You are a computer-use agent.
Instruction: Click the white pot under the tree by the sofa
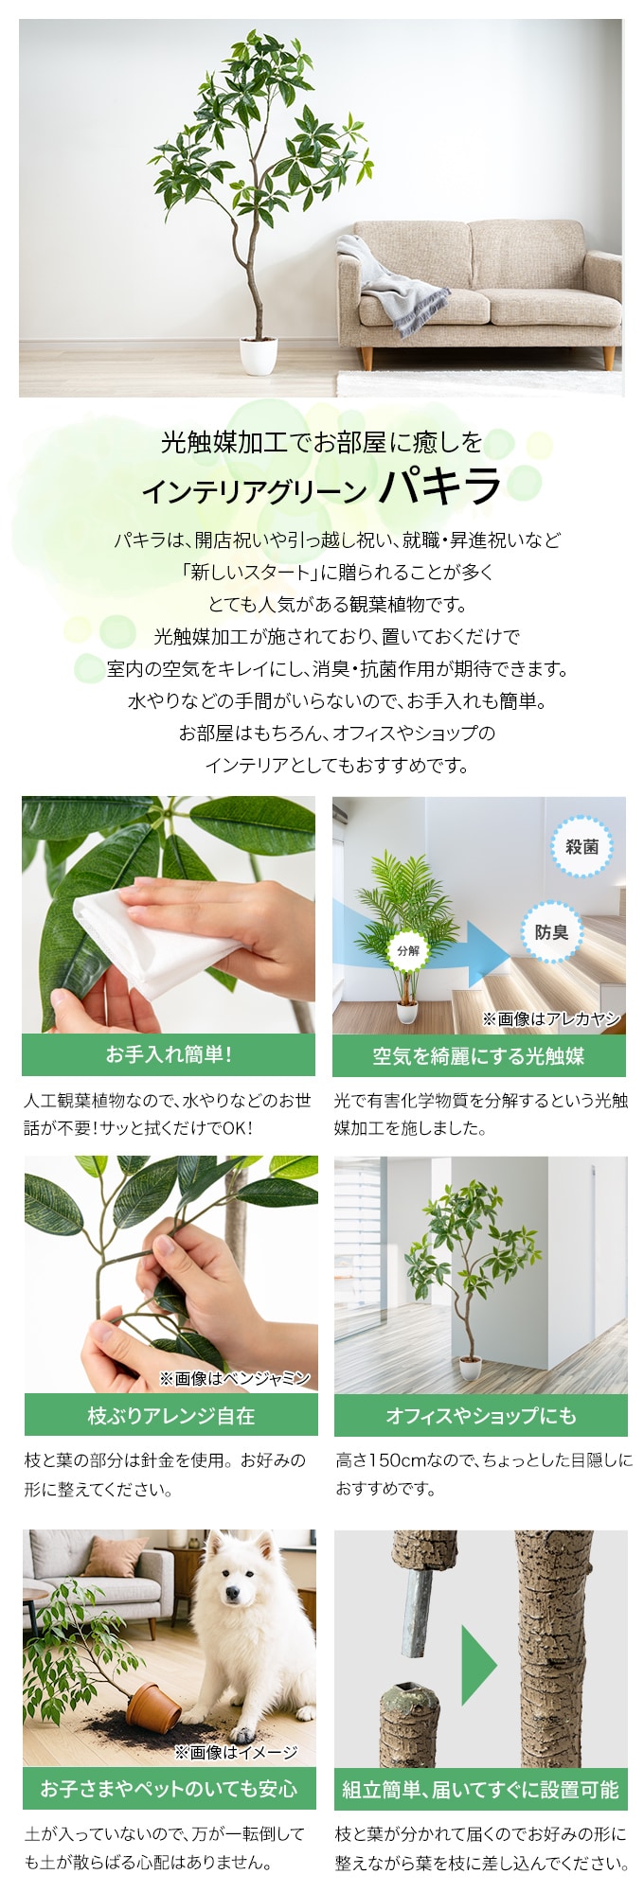point(257,355)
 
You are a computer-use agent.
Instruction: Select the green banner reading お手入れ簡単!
point(169,1054)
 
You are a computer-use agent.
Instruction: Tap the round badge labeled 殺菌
point(581,847)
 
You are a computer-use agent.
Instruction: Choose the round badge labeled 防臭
point(551,932)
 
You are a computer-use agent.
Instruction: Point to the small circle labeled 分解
point(407,950)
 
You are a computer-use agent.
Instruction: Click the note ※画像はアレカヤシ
point(551,1018)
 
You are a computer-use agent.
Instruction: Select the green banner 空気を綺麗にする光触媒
point(479,1055)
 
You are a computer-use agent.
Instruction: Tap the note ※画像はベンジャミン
point(235,1378)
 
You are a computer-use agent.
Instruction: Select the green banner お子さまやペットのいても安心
point(170,1789)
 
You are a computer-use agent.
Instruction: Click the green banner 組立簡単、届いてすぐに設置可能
point(481,1789)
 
